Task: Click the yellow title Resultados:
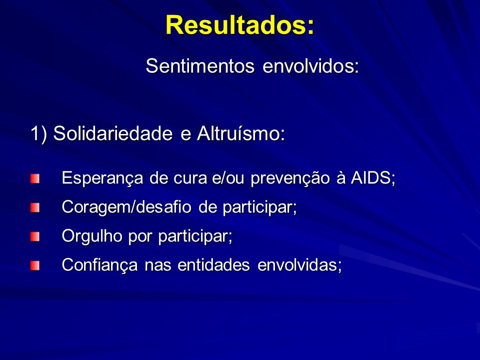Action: (239, 25)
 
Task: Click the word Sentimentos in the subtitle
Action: (200, 65)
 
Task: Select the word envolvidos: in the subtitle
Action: (310, 65)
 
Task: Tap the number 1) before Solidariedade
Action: (39, 134)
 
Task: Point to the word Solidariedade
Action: (113, 133)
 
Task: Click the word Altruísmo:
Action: (241, 133)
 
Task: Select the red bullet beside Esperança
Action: (35, 179)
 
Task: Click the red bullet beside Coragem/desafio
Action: (35, 208)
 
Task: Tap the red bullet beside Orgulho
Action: (35, 236)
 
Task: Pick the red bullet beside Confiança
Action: (35, 265)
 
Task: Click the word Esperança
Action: (102, 178)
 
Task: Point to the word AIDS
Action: (370, 177)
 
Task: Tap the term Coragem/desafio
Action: (126, 207)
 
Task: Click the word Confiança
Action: (100, 265)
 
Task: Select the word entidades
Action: (213, 265)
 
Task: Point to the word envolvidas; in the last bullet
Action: (299, 265)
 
